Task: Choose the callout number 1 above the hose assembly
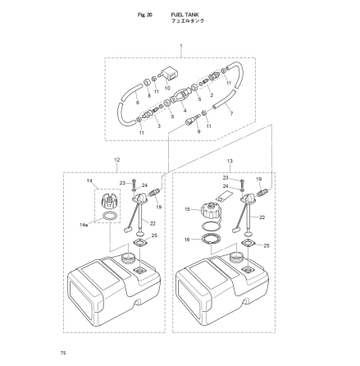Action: (x=180, y=48)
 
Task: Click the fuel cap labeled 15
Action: (x=210, y=209)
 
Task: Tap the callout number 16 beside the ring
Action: (x=187, y=240)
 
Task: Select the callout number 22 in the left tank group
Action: (x=153, y=222)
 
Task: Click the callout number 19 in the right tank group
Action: (x=259, y=178)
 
